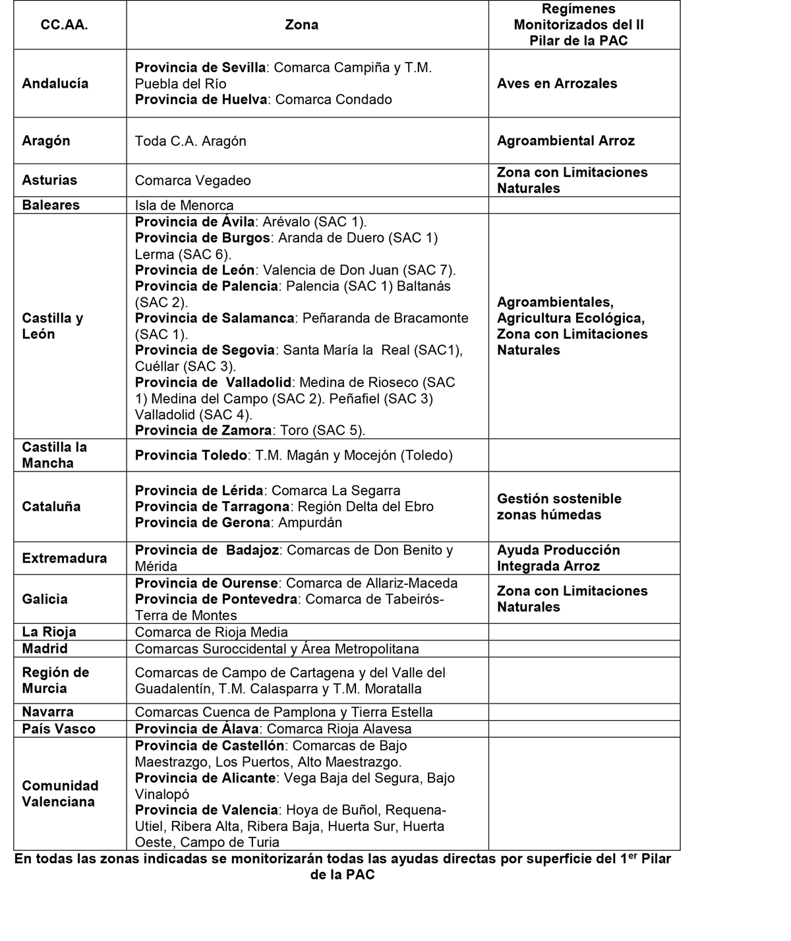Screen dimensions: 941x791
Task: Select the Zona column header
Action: [301, 25]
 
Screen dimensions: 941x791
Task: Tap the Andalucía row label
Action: [55, 84]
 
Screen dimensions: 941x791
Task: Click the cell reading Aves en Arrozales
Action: [557, 84]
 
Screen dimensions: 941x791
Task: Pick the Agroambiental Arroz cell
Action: [566, 141]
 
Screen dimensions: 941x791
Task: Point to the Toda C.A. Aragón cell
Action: [190, 141]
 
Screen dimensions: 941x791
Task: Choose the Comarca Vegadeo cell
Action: [192, 181]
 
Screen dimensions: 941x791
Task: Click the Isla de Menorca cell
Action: [184, 205]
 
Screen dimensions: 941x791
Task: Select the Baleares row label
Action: [51, 205]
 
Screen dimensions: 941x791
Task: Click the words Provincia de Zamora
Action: [203, 431]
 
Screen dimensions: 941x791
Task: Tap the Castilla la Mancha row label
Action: [55, 455]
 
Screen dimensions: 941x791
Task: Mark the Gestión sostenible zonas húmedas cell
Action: [559, 506]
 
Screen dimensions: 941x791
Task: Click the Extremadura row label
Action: [65, 559]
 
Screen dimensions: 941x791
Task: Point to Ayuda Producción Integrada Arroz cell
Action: [558, 559]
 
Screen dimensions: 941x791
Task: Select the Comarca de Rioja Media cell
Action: [211, 632]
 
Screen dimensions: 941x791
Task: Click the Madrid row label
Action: [45, 649]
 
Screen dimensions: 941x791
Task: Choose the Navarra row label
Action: [47, 712]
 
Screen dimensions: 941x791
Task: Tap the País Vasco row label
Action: [59, 729]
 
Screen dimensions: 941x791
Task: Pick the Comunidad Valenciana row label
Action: [60, 794]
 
